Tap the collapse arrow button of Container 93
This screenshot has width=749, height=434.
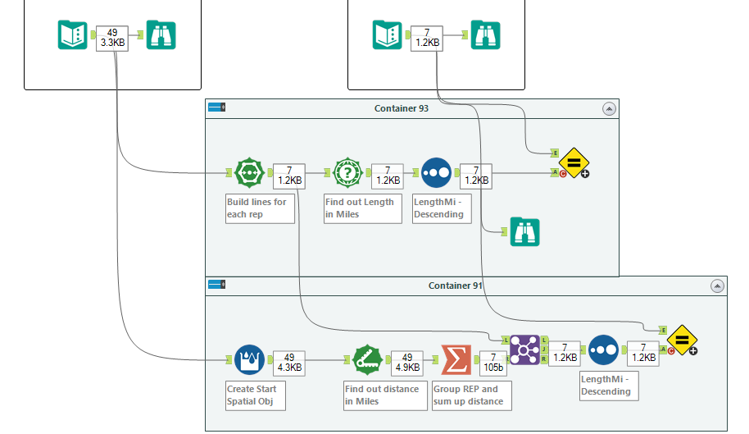[608, 108]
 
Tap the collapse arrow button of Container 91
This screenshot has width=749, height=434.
[717, 286]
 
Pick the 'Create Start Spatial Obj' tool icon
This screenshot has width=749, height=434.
[249, 359]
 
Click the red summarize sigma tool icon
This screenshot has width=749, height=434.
[456, 359]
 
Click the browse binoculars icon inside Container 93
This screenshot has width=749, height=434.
[524, 232]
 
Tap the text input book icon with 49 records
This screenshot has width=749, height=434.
[72, 35]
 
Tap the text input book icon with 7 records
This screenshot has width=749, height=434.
[388, 35]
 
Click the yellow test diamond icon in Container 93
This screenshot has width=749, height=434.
[573, 162]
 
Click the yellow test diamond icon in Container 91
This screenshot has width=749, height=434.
[681, 340]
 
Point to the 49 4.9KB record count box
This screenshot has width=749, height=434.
[406, 362]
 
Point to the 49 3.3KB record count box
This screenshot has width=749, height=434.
[112, 38]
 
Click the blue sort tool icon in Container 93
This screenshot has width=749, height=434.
[437, 173]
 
